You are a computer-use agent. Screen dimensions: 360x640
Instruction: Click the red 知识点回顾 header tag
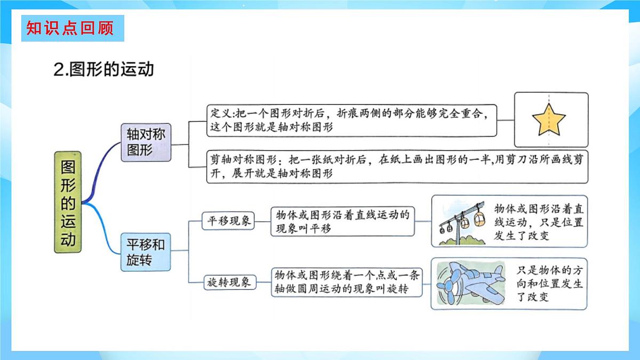click(73, 28)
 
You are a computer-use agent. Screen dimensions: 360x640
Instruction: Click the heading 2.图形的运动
click(104, 69)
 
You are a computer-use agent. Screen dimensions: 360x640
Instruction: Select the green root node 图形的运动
click(69, 202)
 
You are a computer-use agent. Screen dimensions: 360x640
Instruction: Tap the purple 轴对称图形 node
click(146, 142)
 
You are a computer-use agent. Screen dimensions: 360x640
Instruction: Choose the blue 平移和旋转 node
click(146, 252)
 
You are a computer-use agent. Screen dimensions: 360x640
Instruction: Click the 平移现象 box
click(229, 221)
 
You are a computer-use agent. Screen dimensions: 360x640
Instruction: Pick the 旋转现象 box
click(229, 283)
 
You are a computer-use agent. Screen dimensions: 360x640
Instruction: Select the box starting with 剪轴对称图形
click(397, 166)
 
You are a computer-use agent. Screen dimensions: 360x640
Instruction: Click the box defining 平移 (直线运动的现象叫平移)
click(342, 221)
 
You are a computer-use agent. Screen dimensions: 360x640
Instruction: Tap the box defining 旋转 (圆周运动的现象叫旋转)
click(347, 282)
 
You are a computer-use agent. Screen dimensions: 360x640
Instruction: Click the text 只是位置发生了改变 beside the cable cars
click(539, 221)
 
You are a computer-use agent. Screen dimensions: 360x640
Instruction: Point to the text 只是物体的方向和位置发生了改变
click(549, 283)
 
